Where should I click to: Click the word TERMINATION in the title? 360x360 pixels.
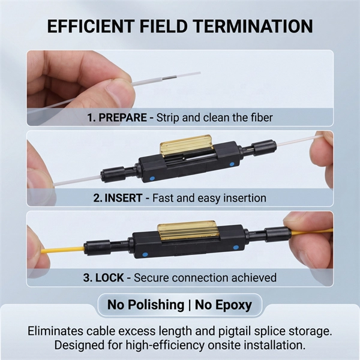click(253, 26)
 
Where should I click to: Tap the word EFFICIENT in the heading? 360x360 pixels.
click(91, 26)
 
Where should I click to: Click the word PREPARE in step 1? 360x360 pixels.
click(122, 118)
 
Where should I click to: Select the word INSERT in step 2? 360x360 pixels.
click(124, 198)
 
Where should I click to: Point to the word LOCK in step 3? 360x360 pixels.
click(110, 278)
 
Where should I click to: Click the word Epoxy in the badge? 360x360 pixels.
click(235, 305)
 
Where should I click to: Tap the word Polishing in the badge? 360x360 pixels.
click(156, 305)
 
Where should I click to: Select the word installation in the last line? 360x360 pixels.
click(274, 345)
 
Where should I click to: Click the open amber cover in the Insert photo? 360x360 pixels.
click(186, 145)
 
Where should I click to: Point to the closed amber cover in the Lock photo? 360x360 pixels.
click(188, 230)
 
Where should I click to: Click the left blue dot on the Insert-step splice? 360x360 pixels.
click(152, 178)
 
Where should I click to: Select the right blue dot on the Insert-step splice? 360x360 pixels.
click(232, 164)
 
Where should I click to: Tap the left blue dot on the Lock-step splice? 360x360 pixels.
click(145, 254)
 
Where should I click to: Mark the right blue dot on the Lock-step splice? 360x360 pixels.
click(236, 248)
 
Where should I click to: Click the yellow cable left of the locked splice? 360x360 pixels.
click(62, 250)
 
